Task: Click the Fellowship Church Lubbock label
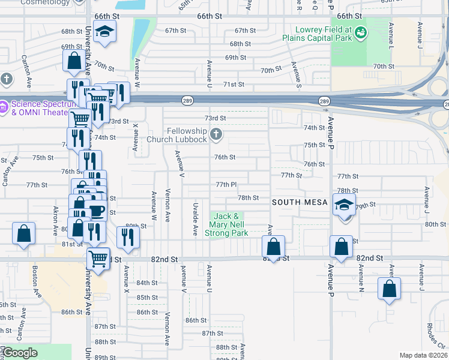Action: (186, 135)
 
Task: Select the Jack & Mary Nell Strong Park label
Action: (227, 224)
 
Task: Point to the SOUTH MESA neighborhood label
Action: (300, 202)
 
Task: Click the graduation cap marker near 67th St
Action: (105, 32)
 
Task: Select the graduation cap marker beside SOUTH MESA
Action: (345, 205)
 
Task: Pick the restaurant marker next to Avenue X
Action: (128, 238)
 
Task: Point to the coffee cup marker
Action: (96, 211)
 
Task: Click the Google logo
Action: (20, 353)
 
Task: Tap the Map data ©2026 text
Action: (424, 355)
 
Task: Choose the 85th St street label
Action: (146, 298)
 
